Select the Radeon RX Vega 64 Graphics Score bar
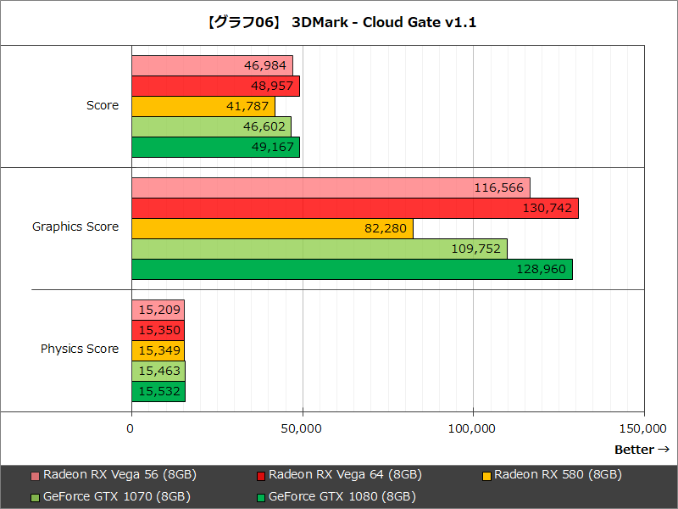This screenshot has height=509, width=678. pos(354,208)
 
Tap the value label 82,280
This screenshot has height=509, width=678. pos(386,228)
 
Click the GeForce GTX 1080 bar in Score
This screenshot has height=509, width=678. pos(215,147)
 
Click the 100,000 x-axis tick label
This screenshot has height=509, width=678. pos(472,429)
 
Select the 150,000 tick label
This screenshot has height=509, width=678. pos(642,429)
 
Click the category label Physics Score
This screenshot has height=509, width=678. pos(80,349)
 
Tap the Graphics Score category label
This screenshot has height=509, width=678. pos(75,227)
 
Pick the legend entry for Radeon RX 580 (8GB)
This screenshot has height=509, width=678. pos(557,474)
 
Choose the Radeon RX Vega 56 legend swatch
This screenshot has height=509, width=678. pos(35,475)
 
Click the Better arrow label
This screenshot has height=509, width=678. pos(642,450)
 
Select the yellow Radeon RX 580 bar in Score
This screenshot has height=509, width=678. pos(203,106)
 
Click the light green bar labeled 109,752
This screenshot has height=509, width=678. pos(319,249)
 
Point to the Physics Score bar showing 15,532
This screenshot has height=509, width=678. pos(158,391)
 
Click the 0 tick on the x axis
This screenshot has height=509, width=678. pos(131,429)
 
